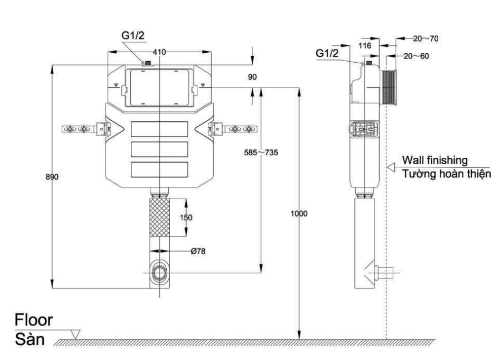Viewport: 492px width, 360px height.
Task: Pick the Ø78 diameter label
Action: click(x=198, y=251)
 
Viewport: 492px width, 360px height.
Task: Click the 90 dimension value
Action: click(x=252, y=77)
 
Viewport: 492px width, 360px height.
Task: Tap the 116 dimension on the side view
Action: click(x=365, y=45)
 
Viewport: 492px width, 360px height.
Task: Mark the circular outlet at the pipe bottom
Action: click(x=159, y=272)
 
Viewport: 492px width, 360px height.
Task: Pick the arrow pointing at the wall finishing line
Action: click(x=392, y=168)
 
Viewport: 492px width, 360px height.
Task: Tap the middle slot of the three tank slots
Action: click(x=159, y=149)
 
